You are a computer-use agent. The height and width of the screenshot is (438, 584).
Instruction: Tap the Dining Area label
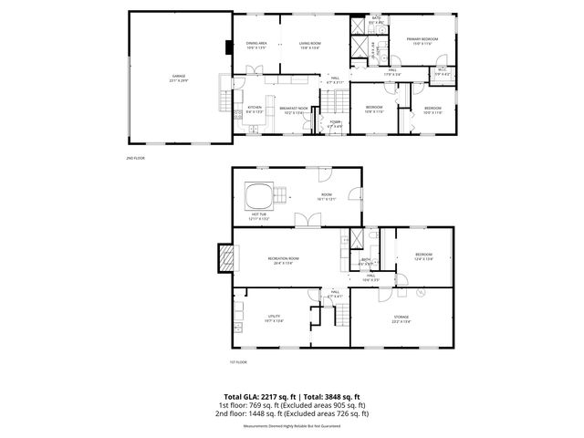click(x=255, y=44)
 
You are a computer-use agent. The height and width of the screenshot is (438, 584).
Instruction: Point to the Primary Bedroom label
click(x=422, y=40)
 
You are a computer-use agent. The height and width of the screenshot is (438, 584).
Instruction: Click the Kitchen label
click(x=255, y=109)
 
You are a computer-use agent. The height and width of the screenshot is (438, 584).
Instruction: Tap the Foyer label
click(x=334, y=123)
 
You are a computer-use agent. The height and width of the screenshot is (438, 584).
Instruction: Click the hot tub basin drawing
click(x=258, y=195)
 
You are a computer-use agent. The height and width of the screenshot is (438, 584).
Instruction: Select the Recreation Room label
click(x=283, y=260)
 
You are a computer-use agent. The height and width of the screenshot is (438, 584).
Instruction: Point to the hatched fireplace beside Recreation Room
click(x=223, y=259)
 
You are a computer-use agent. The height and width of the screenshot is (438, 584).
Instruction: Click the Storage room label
click(x=401, y=318)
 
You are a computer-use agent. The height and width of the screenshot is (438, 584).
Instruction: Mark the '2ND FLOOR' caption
click(x=136, y=159)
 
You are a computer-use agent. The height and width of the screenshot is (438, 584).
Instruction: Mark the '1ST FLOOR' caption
click(x=239, y=363)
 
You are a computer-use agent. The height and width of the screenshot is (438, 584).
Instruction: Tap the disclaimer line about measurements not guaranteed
click(x=292, y=426)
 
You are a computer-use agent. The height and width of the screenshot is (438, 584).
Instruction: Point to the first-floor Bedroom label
click(x=422, y=256)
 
